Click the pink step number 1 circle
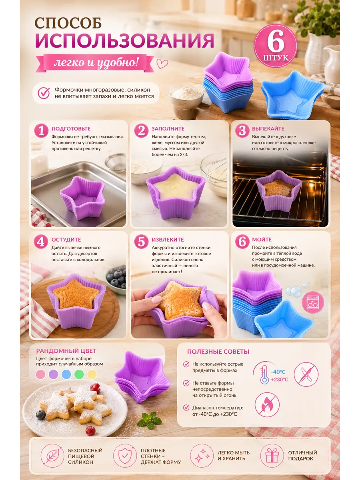(41, 130)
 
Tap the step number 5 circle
(141, 242)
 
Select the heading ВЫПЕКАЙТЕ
(268, 128)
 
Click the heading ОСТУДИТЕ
(66, 240)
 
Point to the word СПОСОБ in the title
(68, 23)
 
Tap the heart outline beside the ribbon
(162, 64)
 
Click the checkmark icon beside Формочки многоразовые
(44, 93)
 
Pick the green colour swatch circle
(79, 374)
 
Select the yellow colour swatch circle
(92, 374)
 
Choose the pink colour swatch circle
(41, 374)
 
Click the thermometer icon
(264, 375)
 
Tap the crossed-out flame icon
(267, 404)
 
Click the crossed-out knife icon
(306, 374)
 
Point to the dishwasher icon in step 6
(313, 302)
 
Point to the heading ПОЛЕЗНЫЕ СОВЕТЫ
(218, 352)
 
